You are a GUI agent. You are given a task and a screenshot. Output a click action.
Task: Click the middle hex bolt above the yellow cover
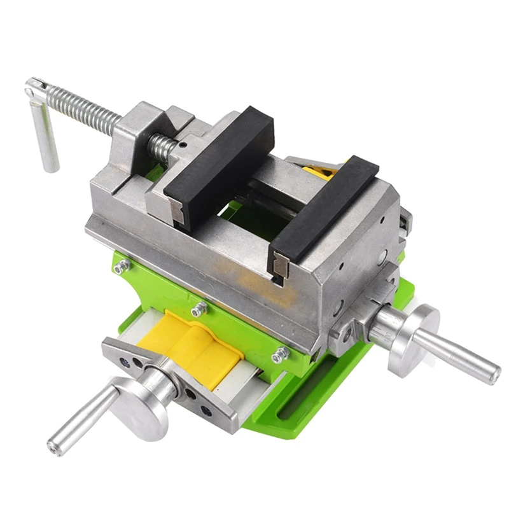coord(200,310)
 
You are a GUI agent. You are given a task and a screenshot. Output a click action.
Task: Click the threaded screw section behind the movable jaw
coord(162,148)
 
